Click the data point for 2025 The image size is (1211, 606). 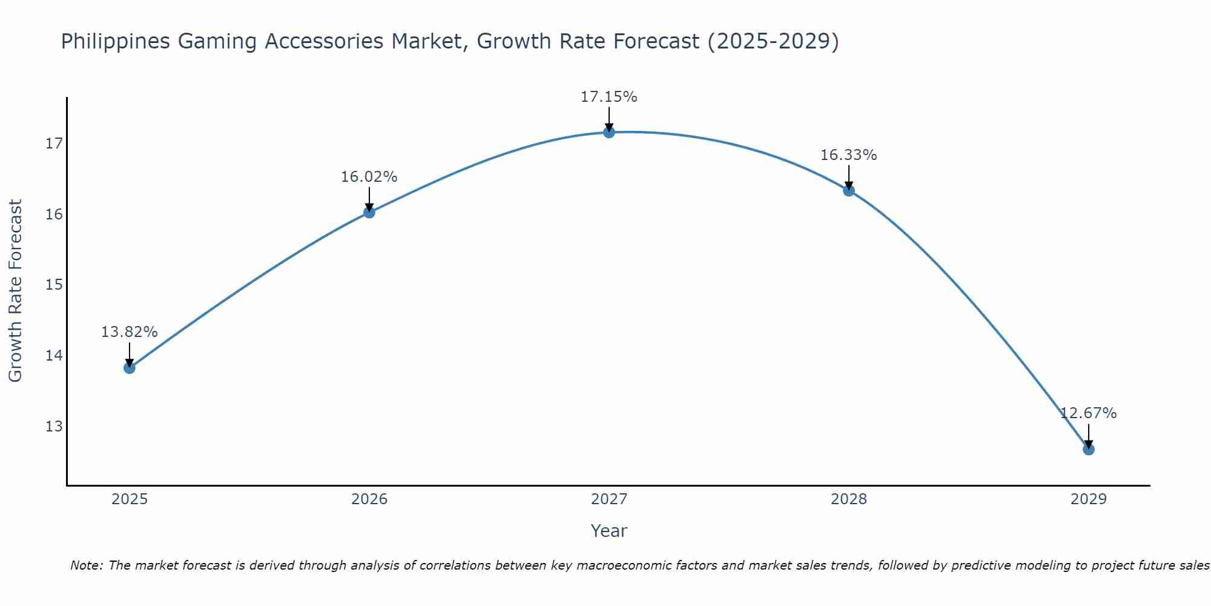click(129, 368)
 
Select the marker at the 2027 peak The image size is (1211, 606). click(609, 132)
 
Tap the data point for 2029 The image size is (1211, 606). click(1088, 449)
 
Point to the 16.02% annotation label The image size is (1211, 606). click(369, 177)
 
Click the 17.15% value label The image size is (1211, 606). click(609, 97)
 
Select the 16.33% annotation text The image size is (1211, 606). click(848, 155)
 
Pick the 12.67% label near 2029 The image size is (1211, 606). click(1088, 413)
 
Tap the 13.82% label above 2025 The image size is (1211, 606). click(129, 332)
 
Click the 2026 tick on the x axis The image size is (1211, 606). click(369, 499)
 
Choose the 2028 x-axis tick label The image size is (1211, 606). click(848, 499)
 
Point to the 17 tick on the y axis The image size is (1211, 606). click(54, 144)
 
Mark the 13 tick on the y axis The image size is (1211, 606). click(54, 426)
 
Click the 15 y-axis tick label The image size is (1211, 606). click(54, 285)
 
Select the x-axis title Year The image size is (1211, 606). click(609, 531)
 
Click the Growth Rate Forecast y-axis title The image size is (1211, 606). click(16, 290)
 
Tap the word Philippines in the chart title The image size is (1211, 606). click(115, 42)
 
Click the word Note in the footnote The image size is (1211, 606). click(87, 565)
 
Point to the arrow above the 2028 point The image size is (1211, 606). click(848, 177)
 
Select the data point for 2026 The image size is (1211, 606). click(369, 212)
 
